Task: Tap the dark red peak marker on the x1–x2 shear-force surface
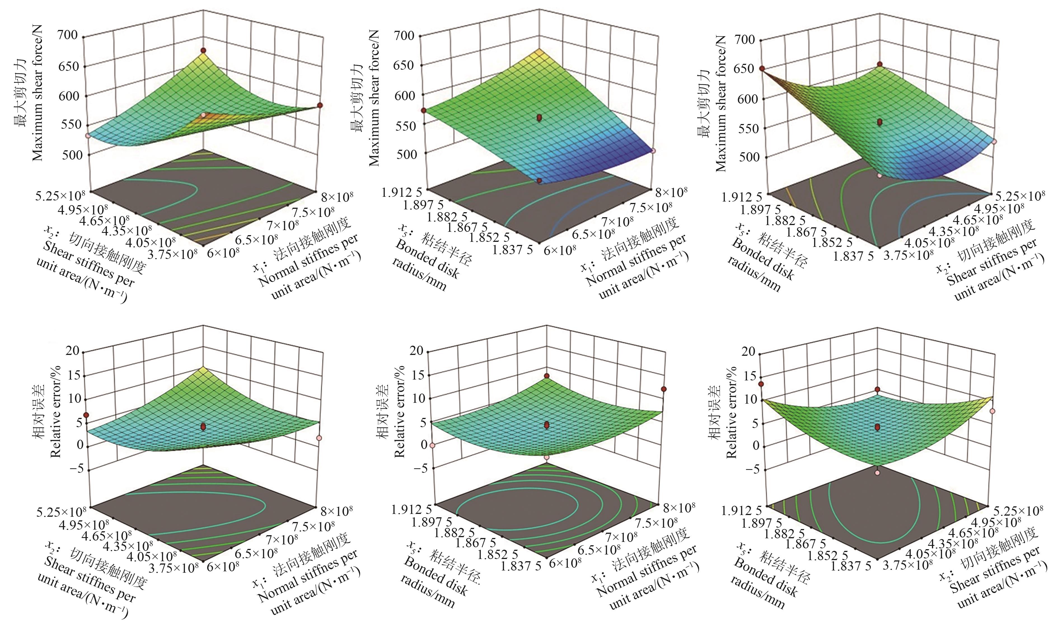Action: (203, 50)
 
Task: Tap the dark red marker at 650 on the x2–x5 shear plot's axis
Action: (762, 69)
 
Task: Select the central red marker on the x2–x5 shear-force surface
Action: (880, 122)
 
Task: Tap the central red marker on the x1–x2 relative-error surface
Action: (203, 427)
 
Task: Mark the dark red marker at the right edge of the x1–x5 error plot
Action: (664, 389)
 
